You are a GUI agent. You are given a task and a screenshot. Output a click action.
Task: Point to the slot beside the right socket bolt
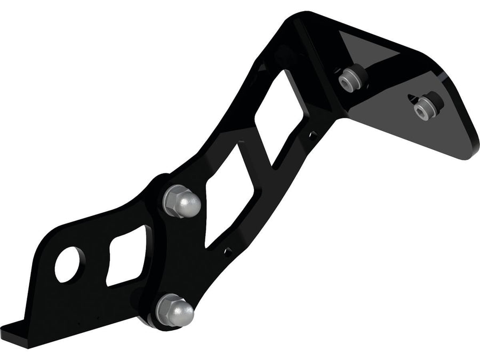click(412, 98)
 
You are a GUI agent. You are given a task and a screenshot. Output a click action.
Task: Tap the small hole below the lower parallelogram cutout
click(228, 250)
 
